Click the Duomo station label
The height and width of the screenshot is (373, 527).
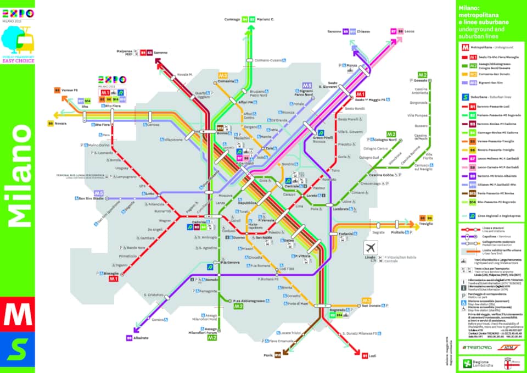point(239,238)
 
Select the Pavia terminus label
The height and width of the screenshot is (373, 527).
point(268,355)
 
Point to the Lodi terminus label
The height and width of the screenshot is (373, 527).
point(373,355)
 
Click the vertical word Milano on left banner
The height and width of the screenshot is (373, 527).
point(18,176)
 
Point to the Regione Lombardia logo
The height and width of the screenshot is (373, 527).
point(474,363)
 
